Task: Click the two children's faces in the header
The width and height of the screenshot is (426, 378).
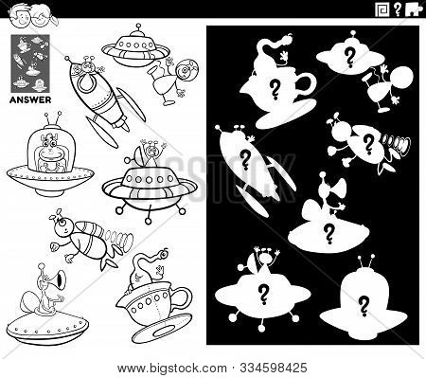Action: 37,13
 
